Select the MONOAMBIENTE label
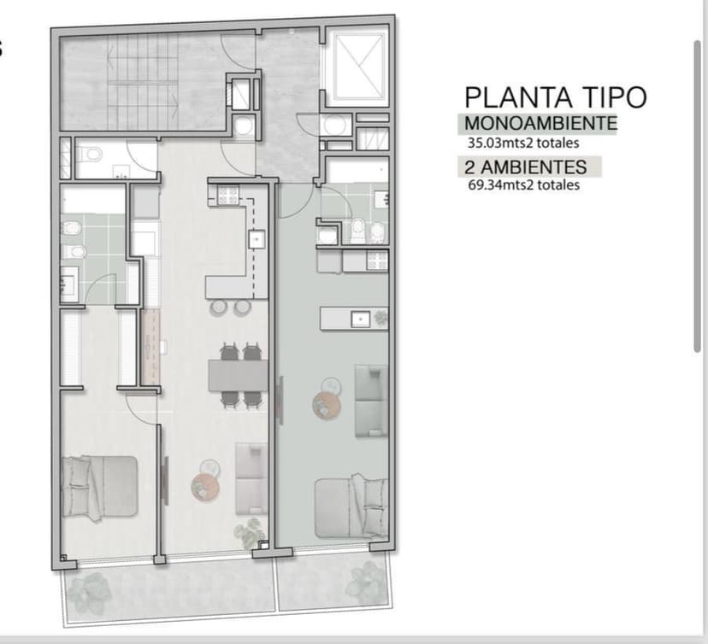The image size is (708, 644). click(x=540, y=123)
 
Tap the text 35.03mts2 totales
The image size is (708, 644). click(x=523, y=143)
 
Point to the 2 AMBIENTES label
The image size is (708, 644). click(x=526, y=167)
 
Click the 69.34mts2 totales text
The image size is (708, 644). click(x=524, y=184)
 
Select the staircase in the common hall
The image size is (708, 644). click(x=143, y=82)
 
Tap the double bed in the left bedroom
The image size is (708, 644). click(x=99, y=487)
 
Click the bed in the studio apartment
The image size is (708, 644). click(x=351, y=506)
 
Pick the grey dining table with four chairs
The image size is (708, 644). click(x=238, y=375)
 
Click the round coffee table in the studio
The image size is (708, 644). click(x=326, y=405)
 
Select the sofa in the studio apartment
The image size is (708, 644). click(x=371, y=401)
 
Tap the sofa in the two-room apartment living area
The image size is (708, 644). click(x=251, y=479)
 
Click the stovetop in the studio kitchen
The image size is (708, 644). click(x=377, y=261)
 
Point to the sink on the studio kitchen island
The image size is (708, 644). click(x=360, y=319)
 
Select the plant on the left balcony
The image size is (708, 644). click(x=90, y=591)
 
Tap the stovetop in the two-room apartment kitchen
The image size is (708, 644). click(x=228, y=196)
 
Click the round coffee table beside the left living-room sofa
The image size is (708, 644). click(x=205, y=488)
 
